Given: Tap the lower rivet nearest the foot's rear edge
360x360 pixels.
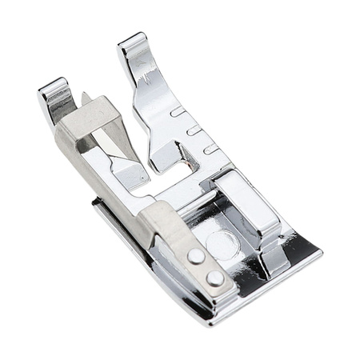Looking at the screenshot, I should coord(214,277).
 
